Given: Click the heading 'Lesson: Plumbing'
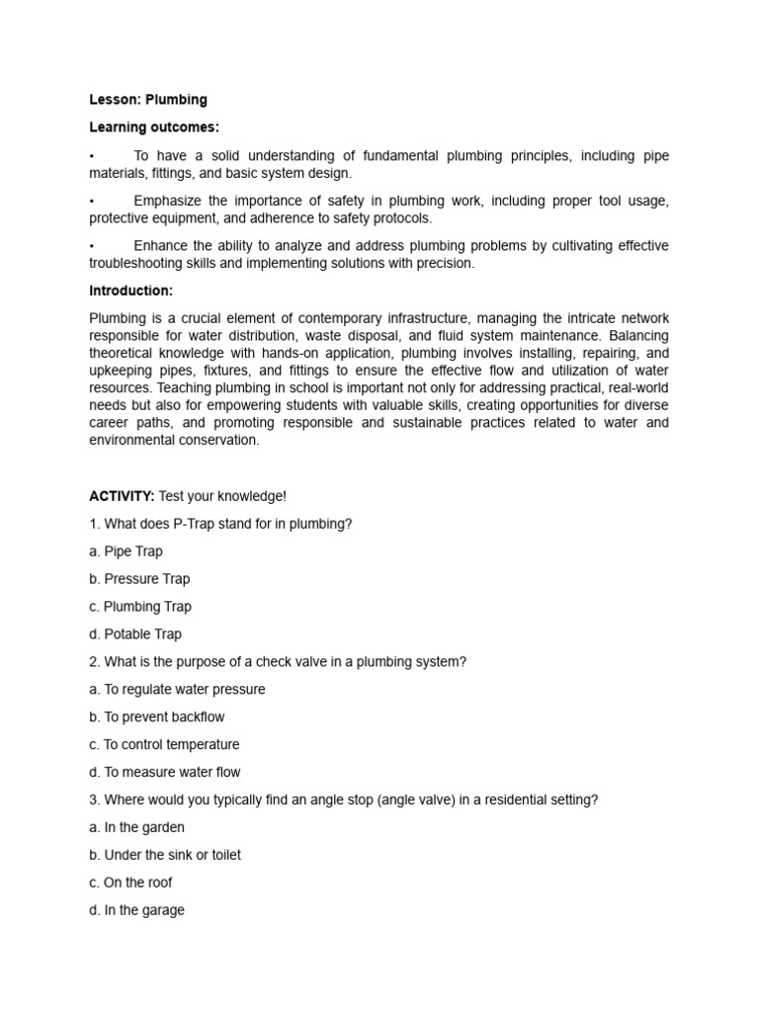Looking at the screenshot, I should (x=148, y=100).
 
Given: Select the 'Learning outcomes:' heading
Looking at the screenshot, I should (x=154, y=127).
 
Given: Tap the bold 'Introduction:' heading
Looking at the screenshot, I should (x=131, y=291).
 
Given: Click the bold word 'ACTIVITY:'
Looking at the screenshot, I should (x=122, y=496).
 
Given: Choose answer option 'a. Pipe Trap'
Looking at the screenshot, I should (x=126, y=551).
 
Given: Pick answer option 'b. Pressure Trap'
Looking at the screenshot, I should (x=139, y=579).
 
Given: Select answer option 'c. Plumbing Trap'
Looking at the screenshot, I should (x=140, y=607).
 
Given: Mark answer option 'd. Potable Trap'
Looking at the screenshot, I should (x=135, y=634).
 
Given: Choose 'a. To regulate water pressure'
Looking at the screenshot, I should (x=177, y=690).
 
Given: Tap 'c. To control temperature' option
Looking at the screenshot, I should (x=164, y=745).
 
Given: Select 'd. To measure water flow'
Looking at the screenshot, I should (x=164, y=773).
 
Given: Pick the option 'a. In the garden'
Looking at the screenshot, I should (x=136, y=828).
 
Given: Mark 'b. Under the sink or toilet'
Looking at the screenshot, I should (x=165, y=856).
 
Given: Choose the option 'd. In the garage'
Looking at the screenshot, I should (x=136, y=911).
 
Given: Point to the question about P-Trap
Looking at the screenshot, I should (x=220, y=524).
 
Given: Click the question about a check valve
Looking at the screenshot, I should (x=277, y=662).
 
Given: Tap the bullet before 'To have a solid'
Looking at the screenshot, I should (x=92, y=156).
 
